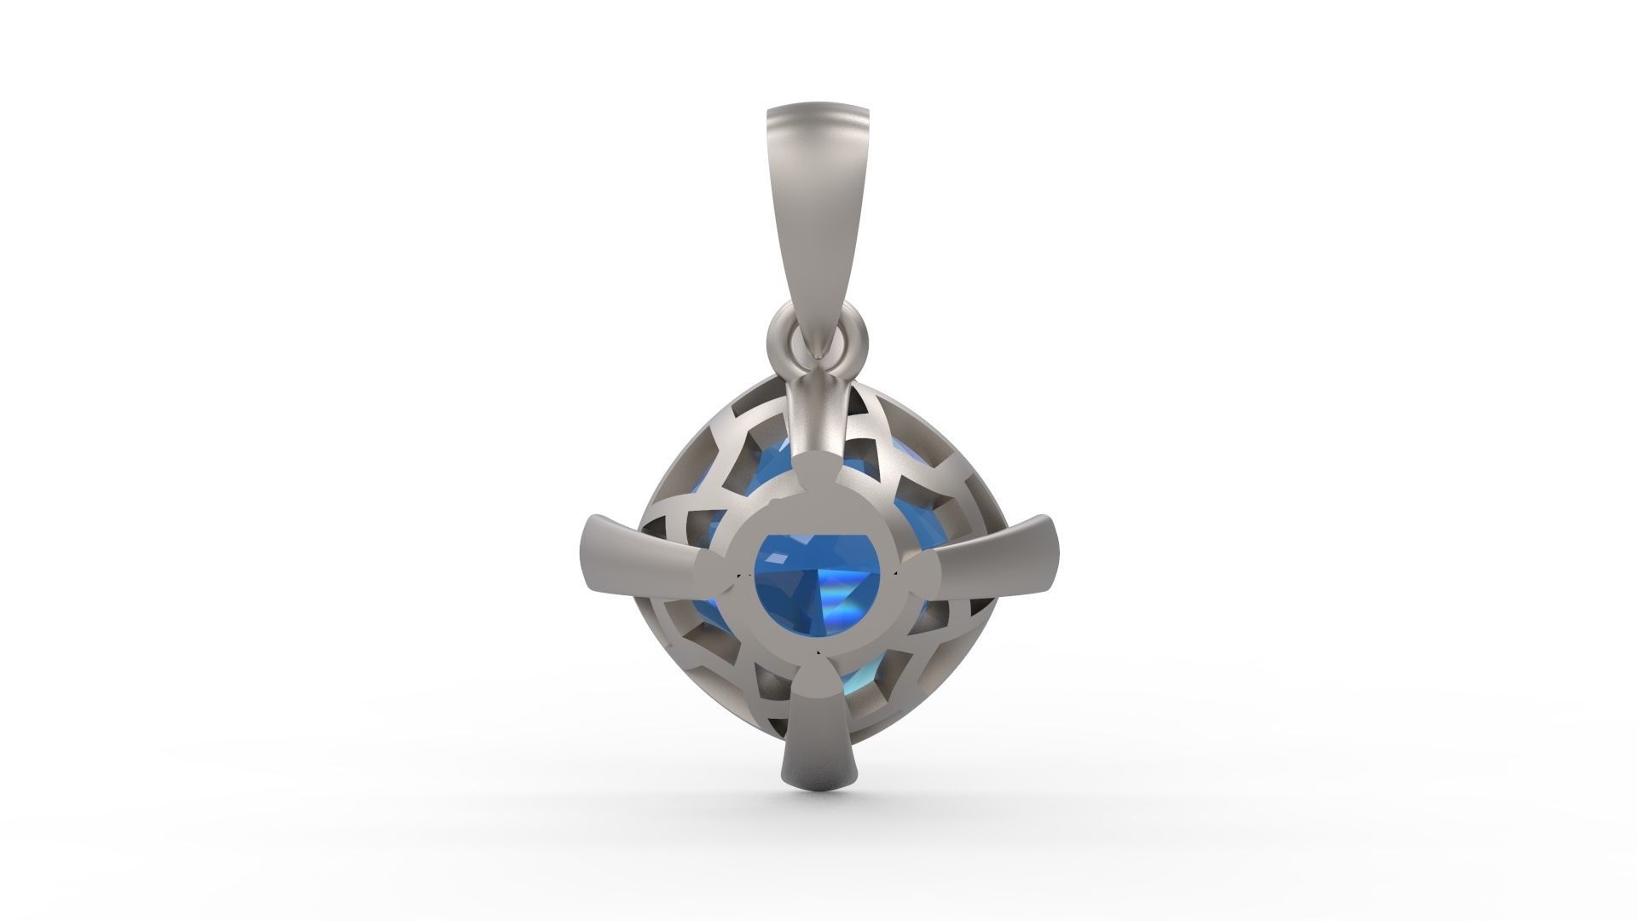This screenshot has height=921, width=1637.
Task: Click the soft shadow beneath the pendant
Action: [x=818, y=806]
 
